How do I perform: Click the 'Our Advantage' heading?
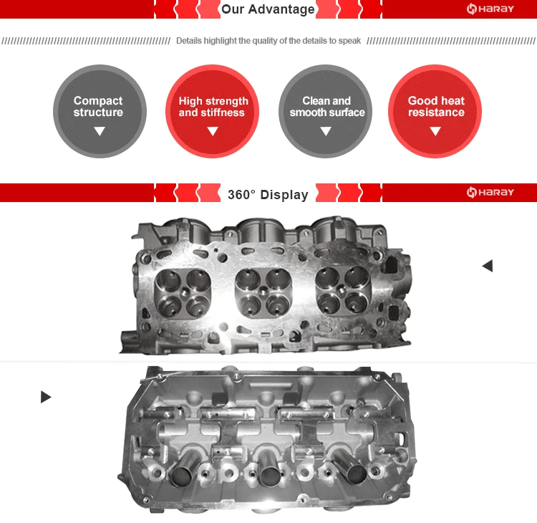tap(268, 9)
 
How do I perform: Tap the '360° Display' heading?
tap(268, 194)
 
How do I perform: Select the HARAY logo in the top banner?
tap(490, 9)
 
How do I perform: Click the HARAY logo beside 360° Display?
tap(490, 193)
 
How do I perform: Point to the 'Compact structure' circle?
tap(99, 111)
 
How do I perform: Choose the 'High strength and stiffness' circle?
tap(213, 111)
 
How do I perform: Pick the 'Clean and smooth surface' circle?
tap(326, 111)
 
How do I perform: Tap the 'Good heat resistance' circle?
tap(435, 111)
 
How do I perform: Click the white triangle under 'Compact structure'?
tap(100, 131)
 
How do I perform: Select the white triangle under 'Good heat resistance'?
tap(435, 131)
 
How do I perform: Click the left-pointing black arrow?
tap(488, 266)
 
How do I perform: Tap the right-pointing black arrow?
tap(46, 397)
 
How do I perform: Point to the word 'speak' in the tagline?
tap(349, 41)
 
